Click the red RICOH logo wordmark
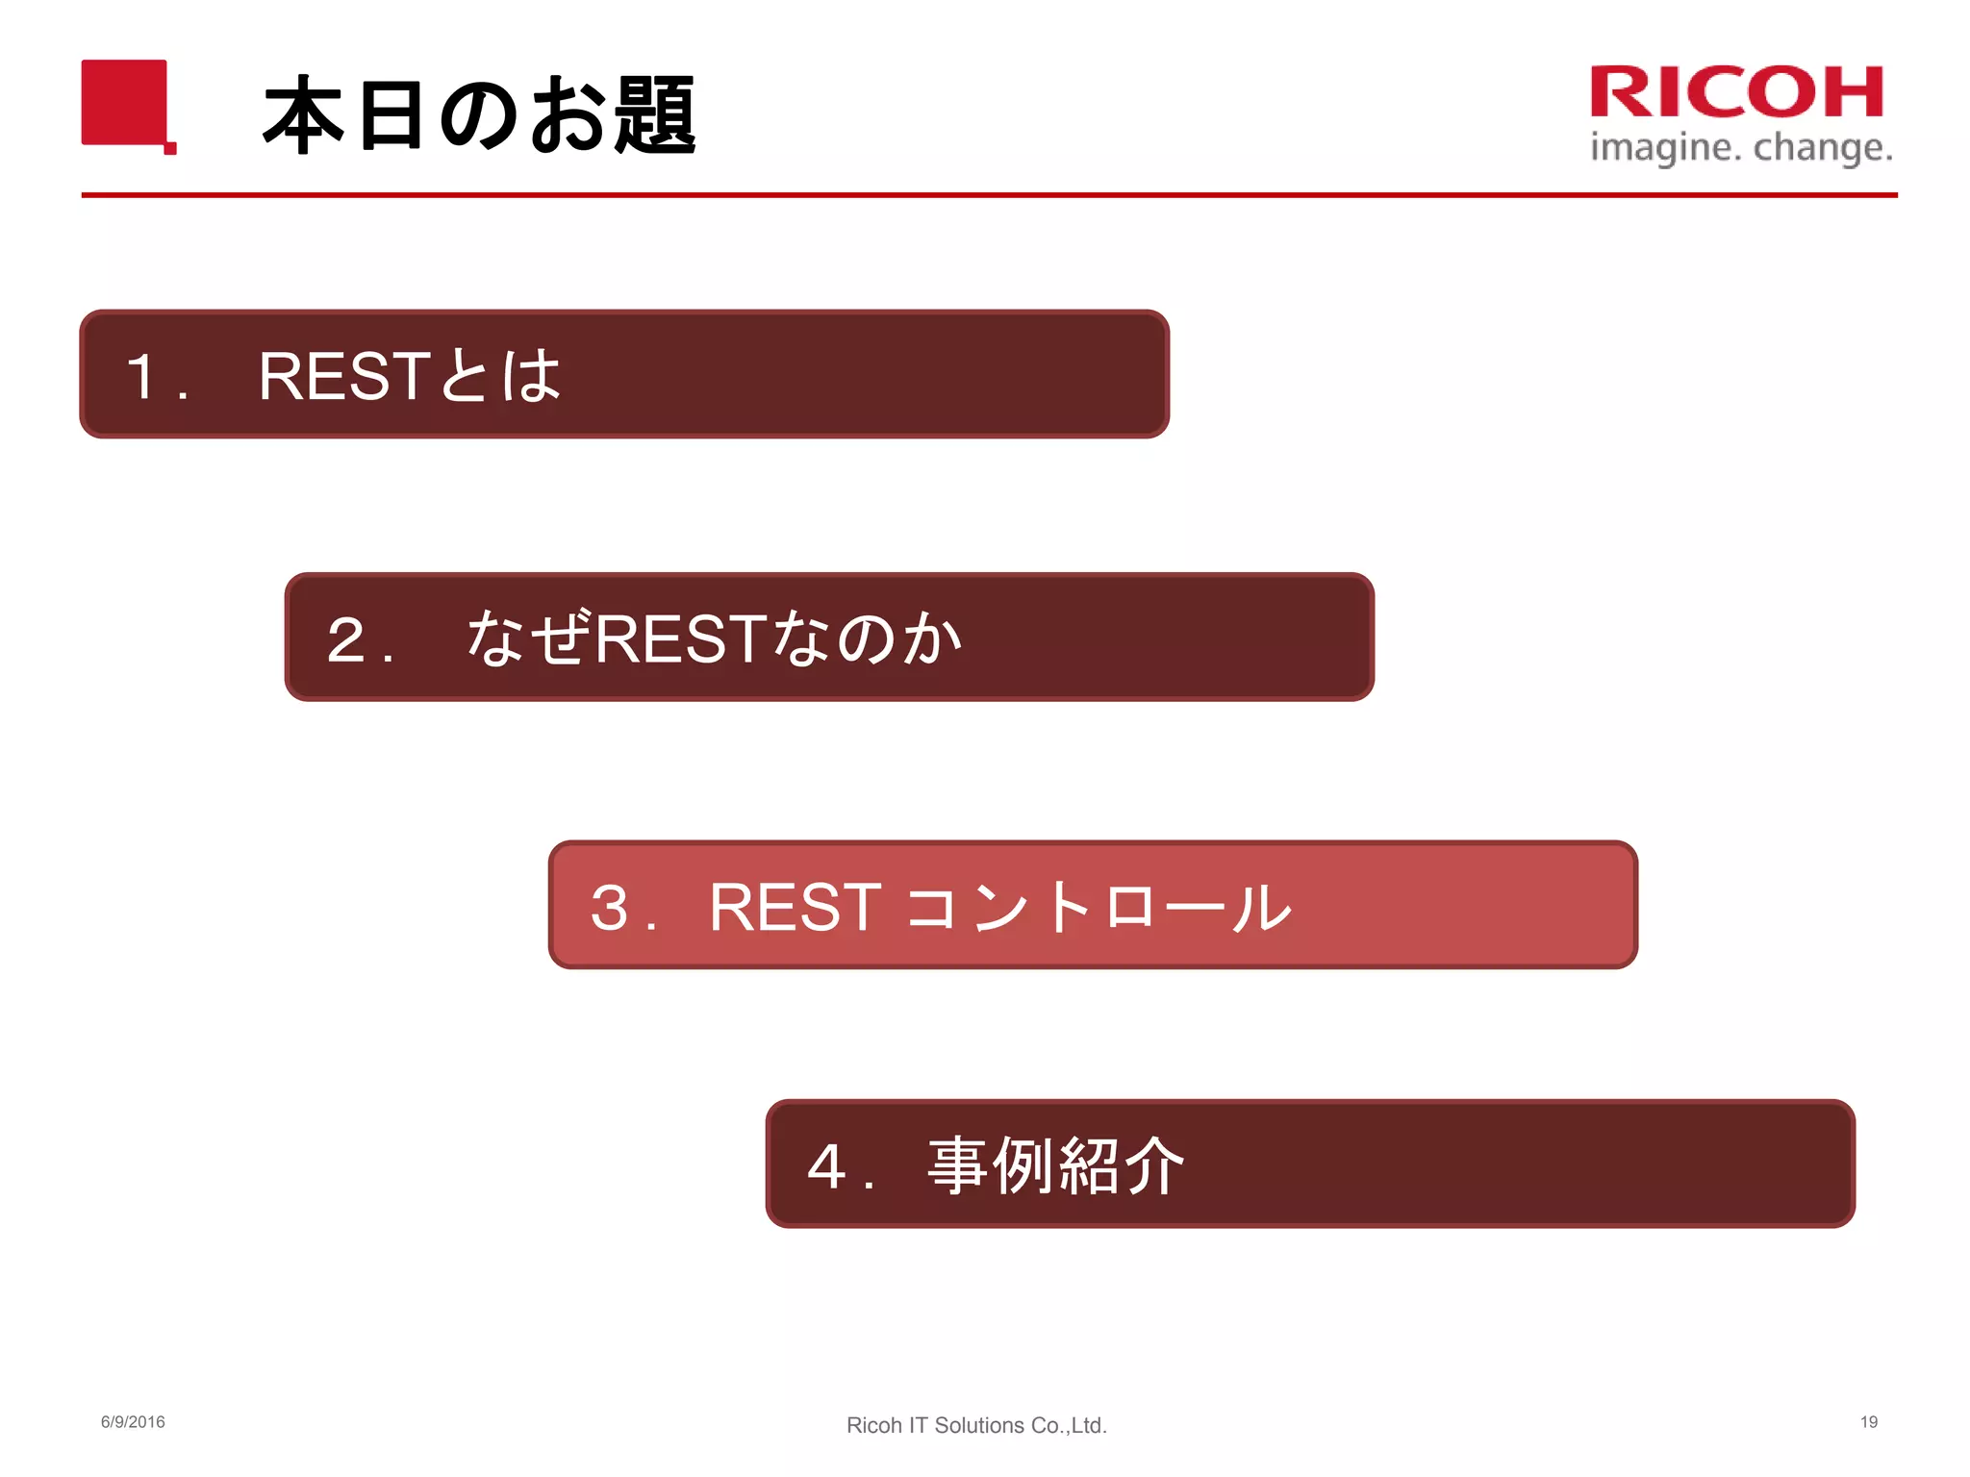(x=1736, y=92)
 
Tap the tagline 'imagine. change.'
(x=1741, y=148)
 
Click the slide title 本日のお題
(x=479, y=115)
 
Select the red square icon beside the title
(x=126, y=104)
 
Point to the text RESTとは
(x=409, y=375)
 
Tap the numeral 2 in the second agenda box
(x=345, y=639)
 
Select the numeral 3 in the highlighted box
(x=610, y=907)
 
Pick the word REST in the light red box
(x=795, y=907)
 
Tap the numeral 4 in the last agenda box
(x=826, y=1166)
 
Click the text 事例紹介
(x=1055, y=1166)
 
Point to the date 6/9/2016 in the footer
(x=133, y=1422)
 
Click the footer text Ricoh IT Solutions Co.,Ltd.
(x=976, y=1425)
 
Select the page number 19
(x=1868, y=1422)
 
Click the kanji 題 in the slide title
(x=655, y=115)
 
